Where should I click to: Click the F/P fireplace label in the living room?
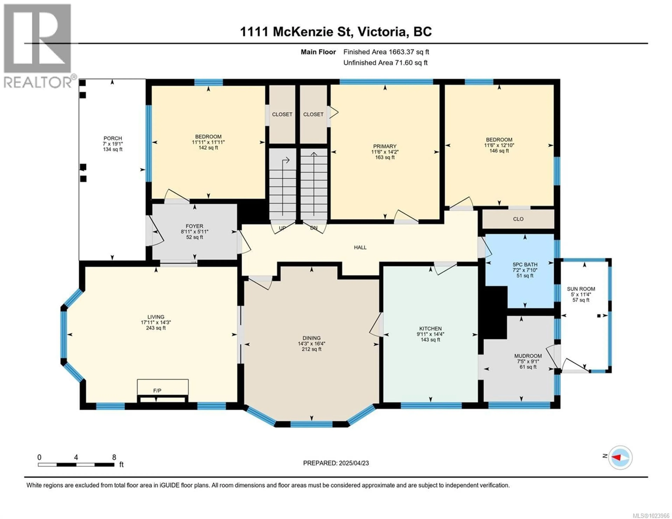point(157,391)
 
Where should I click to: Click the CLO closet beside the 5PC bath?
point(518,219)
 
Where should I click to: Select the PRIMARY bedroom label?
point(385,146)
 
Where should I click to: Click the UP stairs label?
point(282,228)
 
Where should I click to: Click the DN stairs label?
point(314,228)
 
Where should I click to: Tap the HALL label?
point(360,247)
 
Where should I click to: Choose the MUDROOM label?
point(528,356)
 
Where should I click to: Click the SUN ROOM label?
point(581,289)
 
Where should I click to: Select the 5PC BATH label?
point(525,265)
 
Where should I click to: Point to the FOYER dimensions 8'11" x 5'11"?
point(194,232)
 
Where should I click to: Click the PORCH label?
point(113,138)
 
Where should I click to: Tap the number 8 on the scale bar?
point(114,457)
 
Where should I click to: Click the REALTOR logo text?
point(38,82)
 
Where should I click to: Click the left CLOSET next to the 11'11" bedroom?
point(282,114)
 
